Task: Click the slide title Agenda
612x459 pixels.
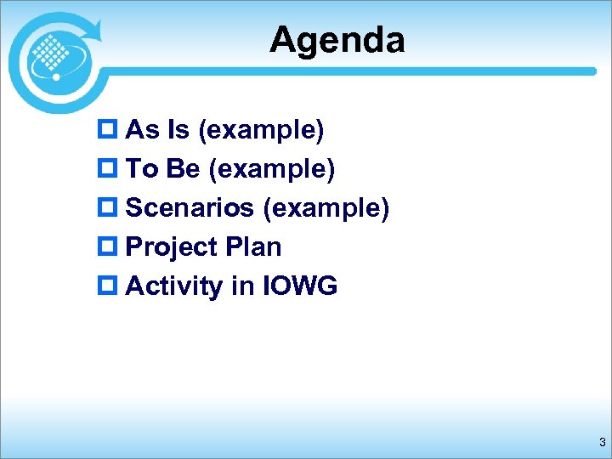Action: click(337, 39)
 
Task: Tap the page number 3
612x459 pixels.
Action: click(602, 441)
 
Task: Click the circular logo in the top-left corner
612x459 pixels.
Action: click(54, 58)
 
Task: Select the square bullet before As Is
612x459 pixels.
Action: click(110, 131)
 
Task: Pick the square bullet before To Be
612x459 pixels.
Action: click(110, 170)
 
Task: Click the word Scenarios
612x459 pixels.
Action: click(190, 208)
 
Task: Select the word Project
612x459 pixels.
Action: click(173, 247)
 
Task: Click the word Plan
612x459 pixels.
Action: click(254, 247)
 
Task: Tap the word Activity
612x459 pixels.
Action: click(174, 286)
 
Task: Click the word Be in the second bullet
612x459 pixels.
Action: click(183, 169)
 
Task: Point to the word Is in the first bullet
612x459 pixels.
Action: click(178, 130)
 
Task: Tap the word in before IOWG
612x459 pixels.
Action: click(241, 286)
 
